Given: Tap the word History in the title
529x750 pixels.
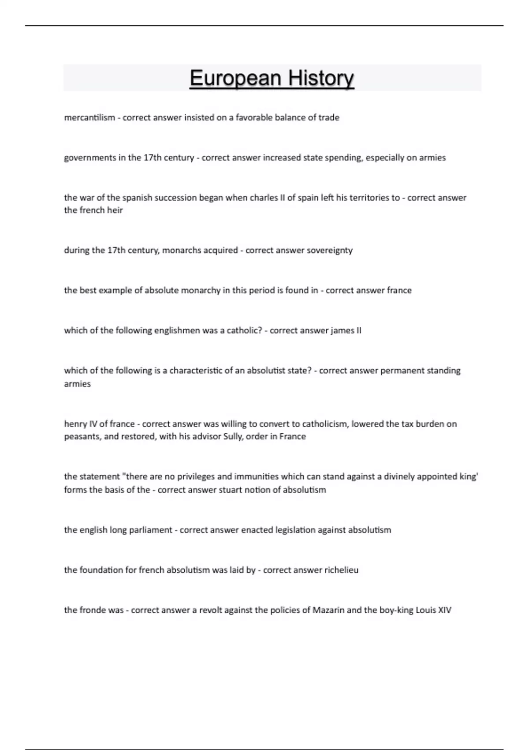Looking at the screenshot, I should (x=321, y=79).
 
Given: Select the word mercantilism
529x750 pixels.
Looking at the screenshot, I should (x=89, y=118).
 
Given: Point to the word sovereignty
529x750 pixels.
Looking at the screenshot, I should (x=330, y=251).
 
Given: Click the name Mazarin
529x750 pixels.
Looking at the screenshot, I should (x=328, y=610).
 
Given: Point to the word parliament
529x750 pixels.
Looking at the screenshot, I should (x=150, y=530).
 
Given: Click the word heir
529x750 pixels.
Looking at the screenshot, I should (x=115, y=210).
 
